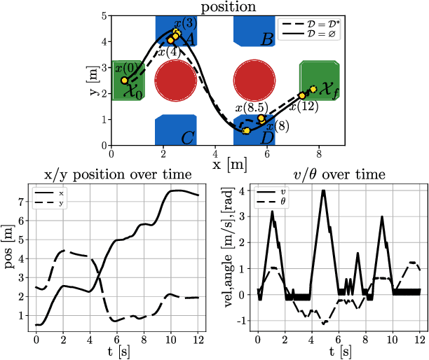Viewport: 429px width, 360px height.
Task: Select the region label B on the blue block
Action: point(266,40)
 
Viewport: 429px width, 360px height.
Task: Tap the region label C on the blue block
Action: point(187,138)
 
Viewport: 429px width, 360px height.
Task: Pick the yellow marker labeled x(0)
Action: point(125,81)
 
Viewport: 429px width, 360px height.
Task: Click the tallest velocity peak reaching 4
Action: point(323,191)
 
